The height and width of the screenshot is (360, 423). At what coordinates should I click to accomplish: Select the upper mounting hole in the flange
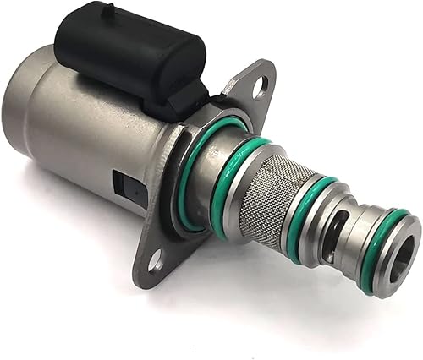coord(260,84)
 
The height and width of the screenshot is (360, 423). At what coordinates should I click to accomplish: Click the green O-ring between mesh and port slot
coord(306,215)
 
